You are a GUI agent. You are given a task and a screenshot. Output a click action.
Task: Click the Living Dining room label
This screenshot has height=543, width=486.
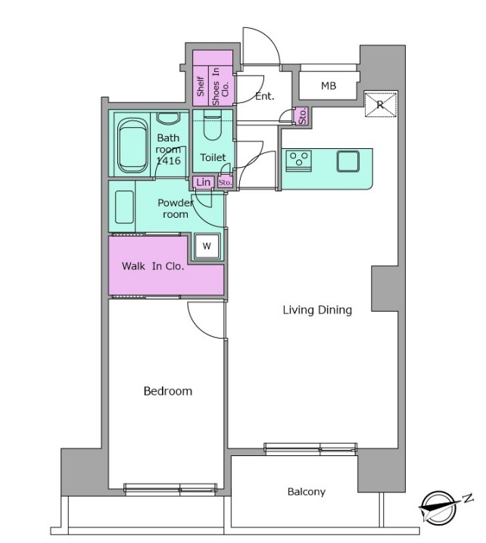coord(317,310)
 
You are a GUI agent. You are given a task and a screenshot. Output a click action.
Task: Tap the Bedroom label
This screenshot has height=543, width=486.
coord(168,391)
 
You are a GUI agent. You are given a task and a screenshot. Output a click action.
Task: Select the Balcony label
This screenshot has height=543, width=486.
coord(307,492)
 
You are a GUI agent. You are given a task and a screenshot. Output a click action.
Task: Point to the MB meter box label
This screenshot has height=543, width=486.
coord(329,85)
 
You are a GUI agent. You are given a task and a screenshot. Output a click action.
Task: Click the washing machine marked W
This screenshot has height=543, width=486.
coord(207,247)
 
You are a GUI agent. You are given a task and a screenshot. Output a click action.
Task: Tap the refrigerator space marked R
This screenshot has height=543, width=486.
coord(380,104)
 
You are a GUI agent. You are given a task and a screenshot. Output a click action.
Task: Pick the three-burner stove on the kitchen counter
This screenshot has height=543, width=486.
coord(299,161)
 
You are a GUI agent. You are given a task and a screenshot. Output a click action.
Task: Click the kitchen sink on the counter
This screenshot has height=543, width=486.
coord(347,161)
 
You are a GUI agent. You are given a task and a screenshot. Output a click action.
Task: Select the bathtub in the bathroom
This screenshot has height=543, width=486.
coord(132,145)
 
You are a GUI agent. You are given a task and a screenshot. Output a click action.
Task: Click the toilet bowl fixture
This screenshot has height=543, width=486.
coord(213,126)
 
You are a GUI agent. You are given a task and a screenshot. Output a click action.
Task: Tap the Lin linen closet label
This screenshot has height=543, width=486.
coord(203,182)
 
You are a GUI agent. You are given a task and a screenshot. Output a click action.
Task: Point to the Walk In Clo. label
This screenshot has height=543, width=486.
coord(152,266)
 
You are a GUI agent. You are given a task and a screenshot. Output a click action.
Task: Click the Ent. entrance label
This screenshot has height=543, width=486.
coord(264,96)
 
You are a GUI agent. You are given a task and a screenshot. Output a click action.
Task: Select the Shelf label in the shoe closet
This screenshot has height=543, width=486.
coord(201,86)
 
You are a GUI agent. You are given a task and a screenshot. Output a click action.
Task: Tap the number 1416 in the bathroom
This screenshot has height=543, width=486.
coord(168,160)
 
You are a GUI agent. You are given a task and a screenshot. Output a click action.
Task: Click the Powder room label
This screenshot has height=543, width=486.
coord(176,209)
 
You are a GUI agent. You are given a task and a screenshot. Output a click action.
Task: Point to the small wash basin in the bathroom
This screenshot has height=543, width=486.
coord(168,119)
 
